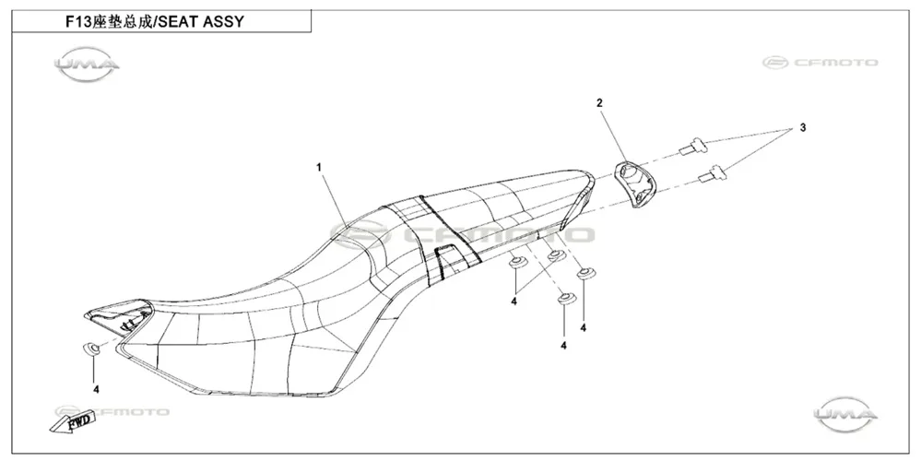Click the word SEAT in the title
(179, 22)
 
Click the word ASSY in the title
(223, 22)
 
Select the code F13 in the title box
(77, 22)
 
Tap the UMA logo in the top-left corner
(87, 64)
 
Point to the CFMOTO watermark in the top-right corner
(821, 63)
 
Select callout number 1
(319, 168)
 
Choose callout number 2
(599, 103)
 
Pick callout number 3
(802, 128)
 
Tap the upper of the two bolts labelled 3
(692, 145)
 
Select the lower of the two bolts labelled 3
(710, 174)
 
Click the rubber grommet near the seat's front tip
(91, 349)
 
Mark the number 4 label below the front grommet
(96, 389)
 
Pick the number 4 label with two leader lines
(514, 301)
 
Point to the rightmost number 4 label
(584, 327)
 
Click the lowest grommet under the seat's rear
(566, 300)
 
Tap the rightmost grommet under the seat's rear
(585, 273)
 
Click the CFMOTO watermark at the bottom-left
(112, 411)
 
